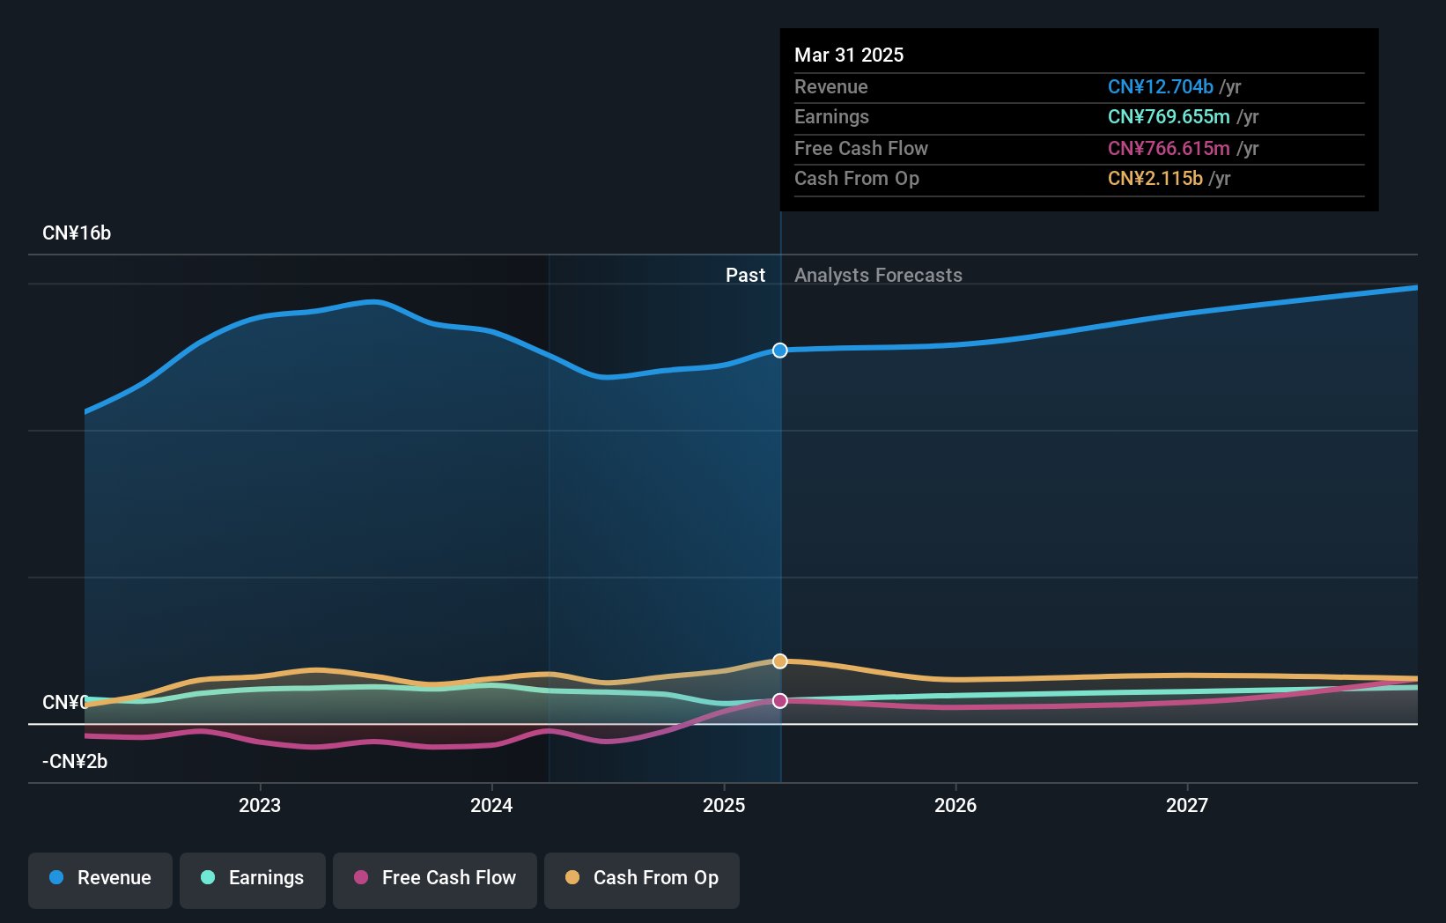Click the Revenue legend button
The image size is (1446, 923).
coord(100,878)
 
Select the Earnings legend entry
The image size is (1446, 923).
coord(253,878)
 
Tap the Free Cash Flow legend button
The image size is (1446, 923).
coord(435,878)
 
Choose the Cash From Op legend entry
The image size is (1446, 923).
coord(642,878)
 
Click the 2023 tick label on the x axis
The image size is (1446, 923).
coord(260,805)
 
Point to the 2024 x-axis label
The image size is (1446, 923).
coord(491,805)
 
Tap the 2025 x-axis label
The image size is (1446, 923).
coord(724,805)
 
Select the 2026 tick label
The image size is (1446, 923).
coord(955,805)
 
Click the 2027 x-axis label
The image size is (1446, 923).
coord(1187,805)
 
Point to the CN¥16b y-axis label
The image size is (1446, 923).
coord(77,233)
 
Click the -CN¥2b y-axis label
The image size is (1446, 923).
coord(75,762)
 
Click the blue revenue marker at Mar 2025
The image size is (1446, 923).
coord(780,351)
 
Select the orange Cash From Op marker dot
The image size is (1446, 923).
coord(780,661)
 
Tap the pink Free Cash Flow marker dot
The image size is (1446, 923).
coord(780,701)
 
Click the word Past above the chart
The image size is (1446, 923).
coord(745,276)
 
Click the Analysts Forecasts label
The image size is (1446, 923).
coord(878,276)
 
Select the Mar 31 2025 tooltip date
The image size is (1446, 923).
coord(849,55)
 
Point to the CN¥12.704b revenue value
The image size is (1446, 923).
coord(1160,86)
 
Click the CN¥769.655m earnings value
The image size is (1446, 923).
coord(1169,117)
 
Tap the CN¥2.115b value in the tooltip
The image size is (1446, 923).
coord(1155,179)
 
